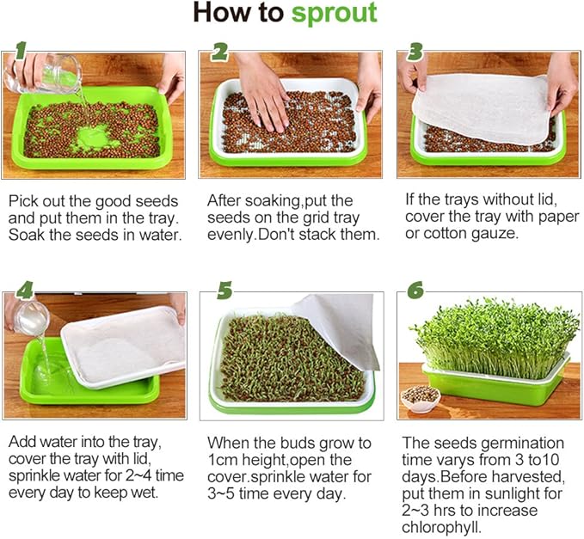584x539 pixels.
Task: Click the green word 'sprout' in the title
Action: (x=334, y=13)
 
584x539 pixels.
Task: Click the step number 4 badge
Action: (x=23, y=291)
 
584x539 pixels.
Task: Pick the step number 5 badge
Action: (x=224, y=291)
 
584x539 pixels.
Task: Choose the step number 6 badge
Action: (x=415, y=291)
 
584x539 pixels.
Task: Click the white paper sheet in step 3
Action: (x=482, y=107)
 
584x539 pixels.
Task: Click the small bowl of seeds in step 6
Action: (x=421, y=397)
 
